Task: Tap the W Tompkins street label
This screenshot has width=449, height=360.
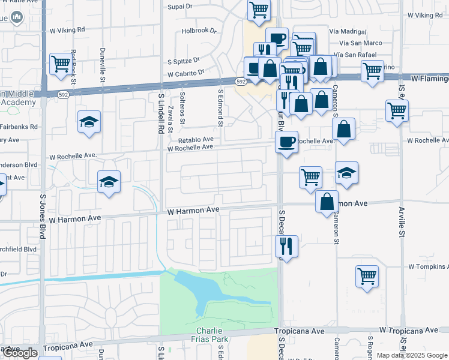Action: pos(428,266)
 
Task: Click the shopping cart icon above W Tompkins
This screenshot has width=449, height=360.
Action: pos(367,277)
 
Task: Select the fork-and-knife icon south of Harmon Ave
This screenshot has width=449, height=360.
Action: pos(286,245)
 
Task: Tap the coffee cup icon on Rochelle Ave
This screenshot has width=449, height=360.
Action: pos(286,142)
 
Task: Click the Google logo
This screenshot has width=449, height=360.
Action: pos(19,353)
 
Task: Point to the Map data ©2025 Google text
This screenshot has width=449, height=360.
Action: pos(411,355)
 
